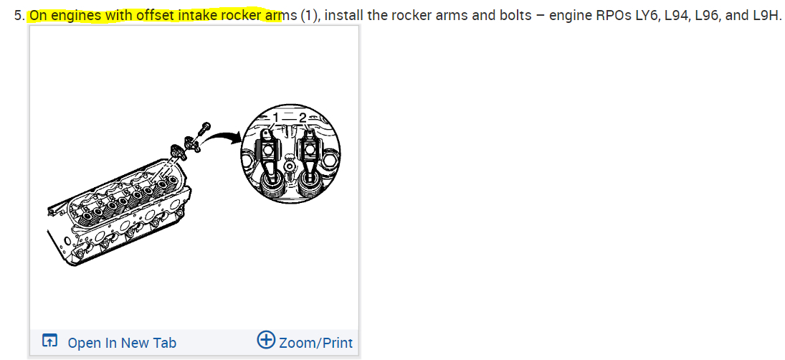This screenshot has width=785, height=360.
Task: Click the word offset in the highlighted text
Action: click(156, 15)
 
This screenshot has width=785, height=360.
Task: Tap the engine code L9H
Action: click(766, 15)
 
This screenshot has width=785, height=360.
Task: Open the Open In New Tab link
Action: click(121, 343)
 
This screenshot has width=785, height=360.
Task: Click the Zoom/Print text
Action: click(315, 343)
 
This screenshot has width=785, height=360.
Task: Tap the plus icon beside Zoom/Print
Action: click(266, 341)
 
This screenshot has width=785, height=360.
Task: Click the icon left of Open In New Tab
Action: click(49, 341)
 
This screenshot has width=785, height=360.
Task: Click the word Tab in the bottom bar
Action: click(163, 343)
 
